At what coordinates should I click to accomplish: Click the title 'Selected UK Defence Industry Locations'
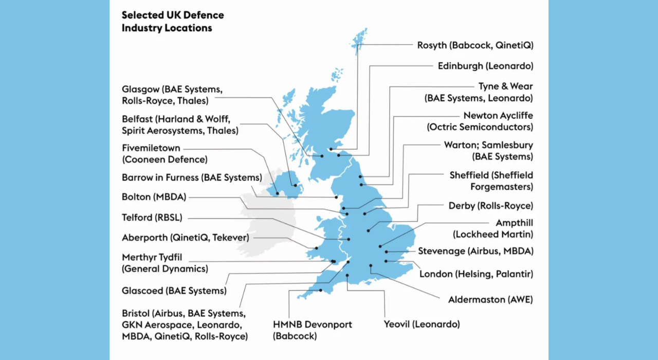[x=173, y=22]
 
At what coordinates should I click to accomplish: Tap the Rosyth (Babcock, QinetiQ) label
[x=475, y=45]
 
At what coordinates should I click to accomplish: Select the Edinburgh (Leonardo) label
[x=485, y=66]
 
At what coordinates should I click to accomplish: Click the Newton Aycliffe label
[x=498, y=116]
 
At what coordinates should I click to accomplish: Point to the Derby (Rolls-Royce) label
[x=490, y=206]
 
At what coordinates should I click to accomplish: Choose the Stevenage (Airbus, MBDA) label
[x=476, y=251]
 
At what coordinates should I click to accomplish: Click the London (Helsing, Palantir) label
[x=476, y=274]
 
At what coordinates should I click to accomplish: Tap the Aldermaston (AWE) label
[x=490, y=299]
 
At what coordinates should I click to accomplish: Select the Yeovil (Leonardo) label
[x=422, y=324]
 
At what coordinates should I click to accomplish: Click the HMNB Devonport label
[x=320, y=325]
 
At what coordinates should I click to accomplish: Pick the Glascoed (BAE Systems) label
[x=174, y=291]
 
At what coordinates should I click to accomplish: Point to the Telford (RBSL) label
[x=152, y=217]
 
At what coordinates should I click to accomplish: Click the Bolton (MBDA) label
[x=154, y=196]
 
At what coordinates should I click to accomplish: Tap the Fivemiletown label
[x=151, y=148]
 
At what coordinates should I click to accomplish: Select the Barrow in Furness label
[x=192, y=177]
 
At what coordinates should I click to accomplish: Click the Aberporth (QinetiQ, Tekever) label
[x=185, y=238]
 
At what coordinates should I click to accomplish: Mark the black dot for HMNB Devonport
[x=321, y=290]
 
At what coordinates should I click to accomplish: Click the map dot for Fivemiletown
[x=278, y=194]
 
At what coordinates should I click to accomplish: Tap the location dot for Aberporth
[x=316, y=248]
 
